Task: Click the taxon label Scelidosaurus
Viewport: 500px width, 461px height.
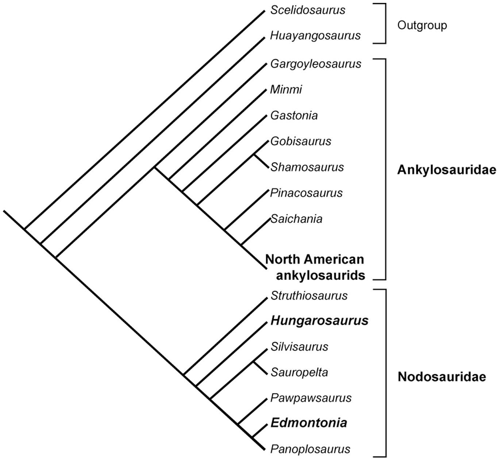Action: coord(308,10)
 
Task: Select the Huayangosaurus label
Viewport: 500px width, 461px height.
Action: coord(315,36)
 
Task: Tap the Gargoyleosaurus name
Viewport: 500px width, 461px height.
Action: coord(316,64)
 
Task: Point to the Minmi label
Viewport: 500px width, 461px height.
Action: coord(286,89)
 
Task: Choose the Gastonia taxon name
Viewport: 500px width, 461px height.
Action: coord(294,116)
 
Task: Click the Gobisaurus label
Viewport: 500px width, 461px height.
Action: coord(301,141)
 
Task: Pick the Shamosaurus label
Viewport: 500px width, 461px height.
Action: coord(307,167)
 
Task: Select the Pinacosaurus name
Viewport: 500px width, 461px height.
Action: coord(306,193)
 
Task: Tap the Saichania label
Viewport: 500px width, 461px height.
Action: coord(297,219)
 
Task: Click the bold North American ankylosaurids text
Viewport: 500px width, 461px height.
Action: coord(315,267)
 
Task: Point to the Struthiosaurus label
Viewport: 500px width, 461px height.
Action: coord(309,295)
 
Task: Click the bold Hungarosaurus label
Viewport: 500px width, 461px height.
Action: coord(319,321)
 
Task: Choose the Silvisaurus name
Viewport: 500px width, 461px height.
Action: coord(299,346)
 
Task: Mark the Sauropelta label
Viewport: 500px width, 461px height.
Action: coord(299,372)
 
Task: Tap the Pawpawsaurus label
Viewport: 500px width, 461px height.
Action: coord(311,398)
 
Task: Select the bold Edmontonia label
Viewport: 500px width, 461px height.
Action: coord(308,423)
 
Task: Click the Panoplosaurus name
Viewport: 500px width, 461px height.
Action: coord(310,449)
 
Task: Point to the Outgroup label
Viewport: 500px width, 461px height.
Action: coord(422,26)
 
